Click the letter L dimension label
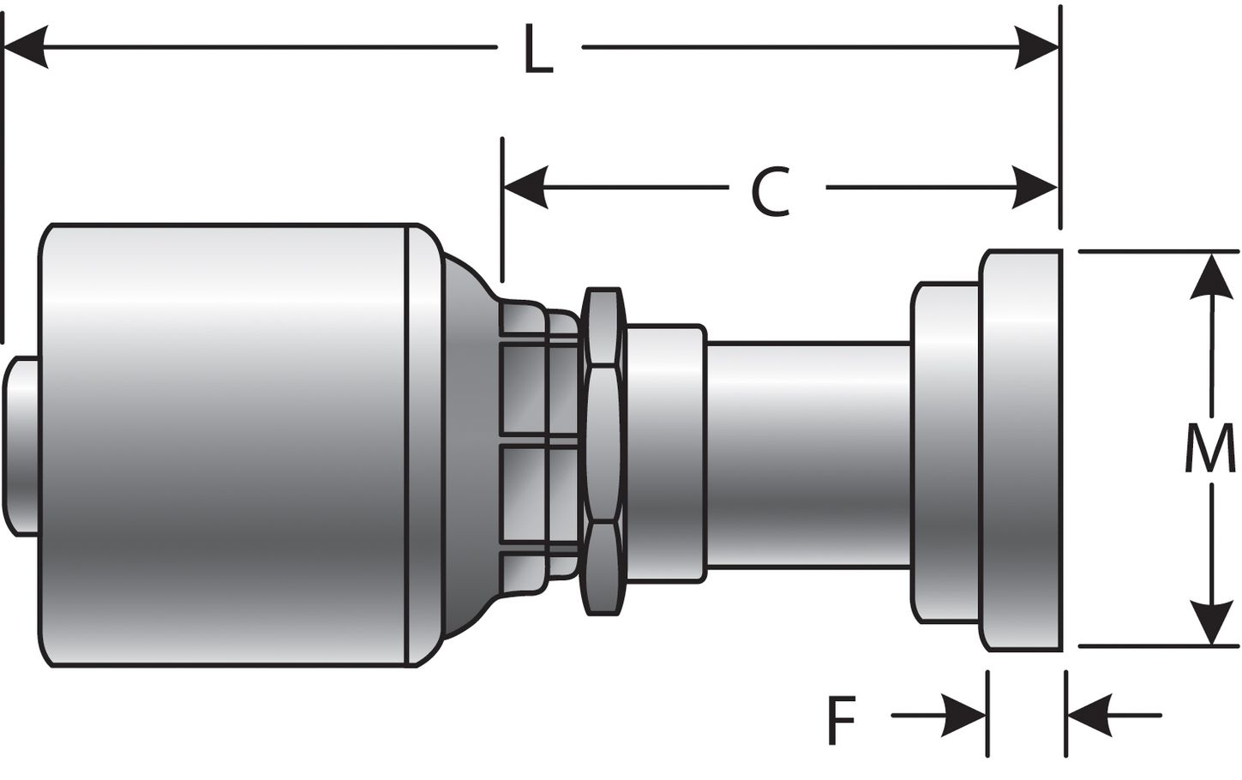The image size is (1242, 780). [x=538, y=51]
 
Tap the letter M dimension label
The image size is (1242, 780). [x=1209, y=450]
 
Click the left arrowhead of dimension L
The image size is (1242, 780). [x=26, y=47]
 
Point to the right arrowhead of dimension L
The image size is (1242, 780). [x=1036, y=47]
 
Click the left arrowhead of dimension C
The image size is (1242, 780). [x=525, y=187]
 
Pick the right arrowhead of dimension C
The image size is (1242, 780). [x=1036, y=187]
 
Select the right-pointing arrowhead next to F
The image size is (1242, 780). [x=964, y=715]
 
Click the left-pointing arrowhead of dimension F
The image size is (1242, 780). [x=1089, y=715]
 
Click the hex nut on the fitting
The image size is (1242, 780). [x=603, y=452]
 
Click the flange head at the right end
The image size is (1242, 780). [x=1022, y=450]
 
